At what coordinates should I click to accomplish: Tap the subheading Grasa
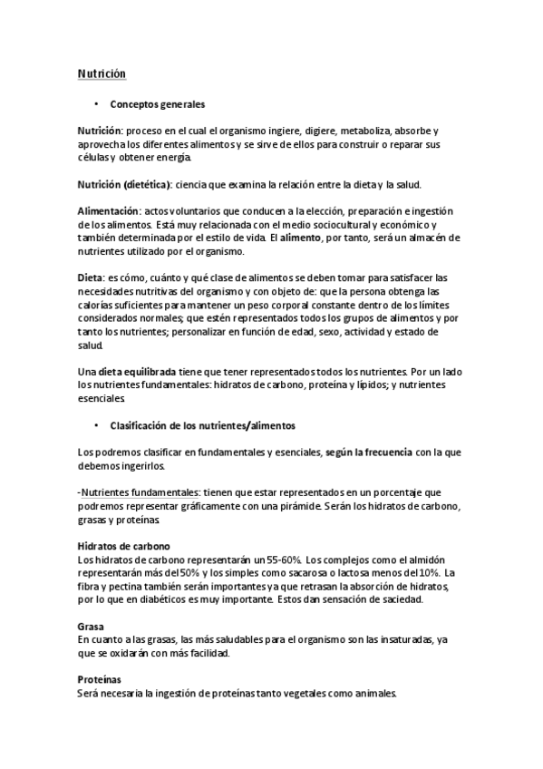click(x=92, y=626)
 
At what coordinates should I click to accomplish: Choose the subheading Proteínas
click(x=100, y=679)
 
